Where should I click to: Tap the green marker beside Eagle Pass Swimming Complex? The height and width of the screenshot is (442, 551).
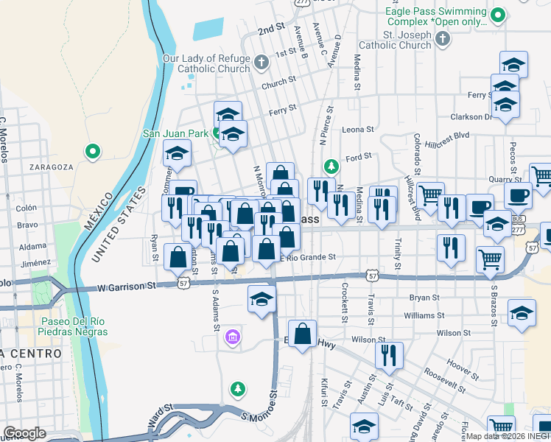499,14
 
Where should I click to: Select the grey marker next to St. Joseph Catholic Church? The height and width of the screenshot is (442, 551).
443,39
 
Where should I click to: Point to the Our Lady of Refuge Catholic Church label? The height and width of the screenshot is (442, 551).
206,63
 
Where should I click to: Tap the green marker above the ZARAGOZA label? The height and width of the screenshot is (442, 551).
93,152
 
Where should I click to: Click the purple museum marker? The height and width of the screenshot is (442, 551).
232,337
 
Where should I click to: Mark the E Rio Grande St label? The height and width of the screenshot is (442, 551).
307,257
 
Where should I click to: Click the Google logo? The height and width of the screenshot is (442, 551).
24,433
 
